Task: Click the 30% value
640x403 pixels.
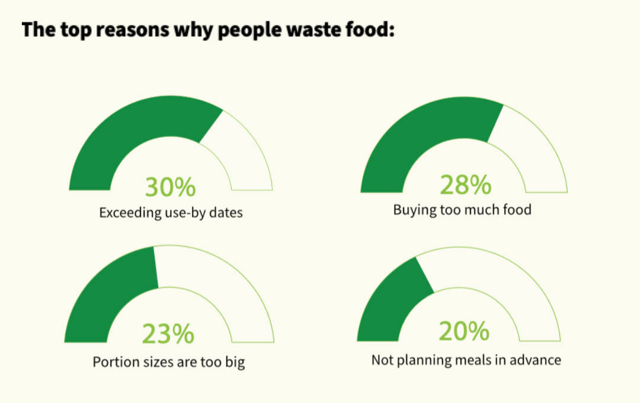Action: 170,187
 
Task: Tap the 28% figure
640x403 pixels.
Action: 465,185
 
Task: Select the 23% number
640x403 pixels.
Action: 168,334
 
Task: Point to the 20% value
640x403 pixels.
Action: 464,331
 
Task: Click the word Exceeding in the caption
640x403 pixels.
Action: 129,212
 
